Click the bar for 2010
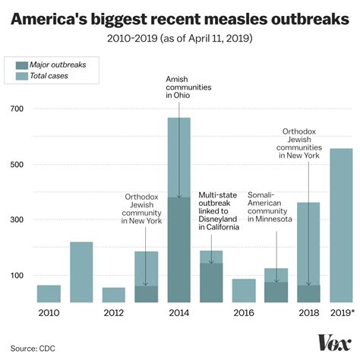tap(49, 294)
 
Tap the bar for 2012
tap(114, 295)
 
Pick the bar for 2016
tap(244, 291)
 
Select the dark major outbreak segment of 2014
tap(178, 250)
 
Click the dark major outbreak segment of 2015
tap(211, 283)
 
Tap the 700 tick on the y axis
tap(16, 109)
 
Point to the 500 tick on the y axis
tap(16, 165)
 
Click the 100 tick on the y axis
tap(16, 275)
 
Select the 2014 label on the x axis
tap(178, 313)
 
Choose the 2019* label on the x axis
tap(341, 313)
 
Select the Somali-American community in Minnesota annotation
tap(270, 207)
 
